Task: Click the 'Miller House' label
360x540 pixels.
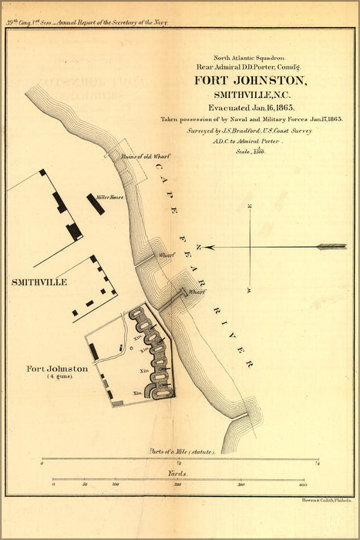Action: (x=110, y=197)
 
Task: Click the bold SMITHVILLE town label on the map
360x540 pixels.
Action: (x=39, y=282)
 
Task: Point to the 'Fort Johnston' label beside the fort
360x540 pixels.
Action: (x=57, y=369)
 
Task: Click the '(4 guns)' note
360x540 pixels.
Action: (x=57, y=377)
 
